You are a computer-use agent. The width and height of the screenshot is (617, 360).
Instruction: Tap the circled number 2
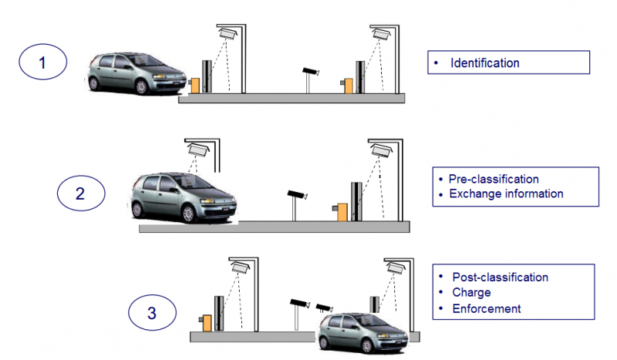tap(81, 193)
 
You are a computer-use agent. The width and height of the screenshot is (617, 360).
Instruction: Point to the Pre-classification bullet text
tap(494, 180)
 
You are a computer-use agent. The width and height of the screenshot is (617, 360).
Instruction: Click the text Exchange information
tap(506, 193)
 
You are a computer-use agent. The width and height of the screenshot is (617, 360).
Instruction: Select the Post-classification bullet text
tap(499, 278)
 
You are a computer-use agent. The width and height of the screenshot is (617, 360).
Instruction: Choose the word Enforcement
tap(486, 309)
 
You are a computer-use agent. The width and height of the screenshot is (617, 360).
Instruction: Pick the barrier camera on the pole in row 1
tap(309, 72)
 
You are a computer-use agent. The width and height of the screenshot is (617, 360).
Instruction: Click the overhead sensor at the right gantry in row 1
tap(381, 35)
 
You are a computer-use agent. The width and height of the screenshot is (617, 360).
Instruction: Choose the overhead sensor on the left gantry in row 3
tap(239, 267)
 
